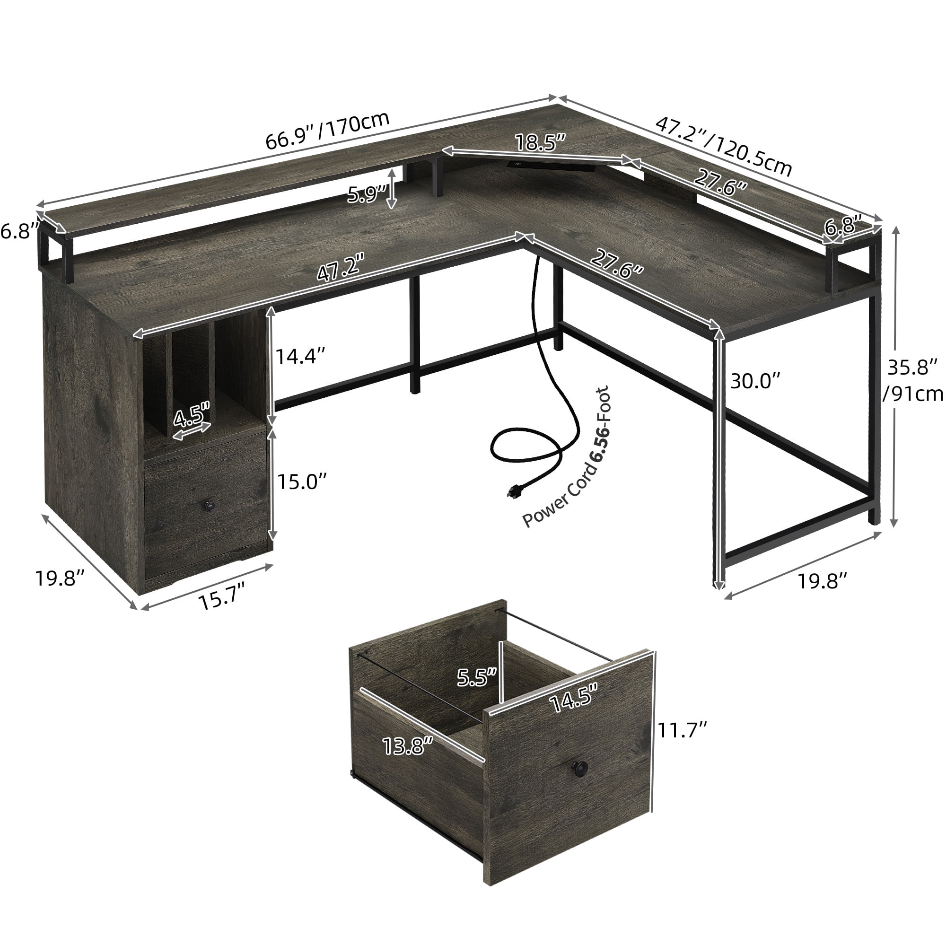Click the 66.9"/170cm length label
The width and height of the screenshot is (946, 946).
327,130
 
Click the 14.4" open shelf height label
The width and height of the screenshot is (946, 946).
300,356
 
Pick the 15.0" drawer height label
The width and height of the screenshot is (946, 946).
302,482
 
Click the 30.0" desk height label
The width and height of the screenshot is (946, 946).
754,380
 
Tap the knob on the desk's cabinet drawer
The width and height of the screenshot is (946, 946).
210,505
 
